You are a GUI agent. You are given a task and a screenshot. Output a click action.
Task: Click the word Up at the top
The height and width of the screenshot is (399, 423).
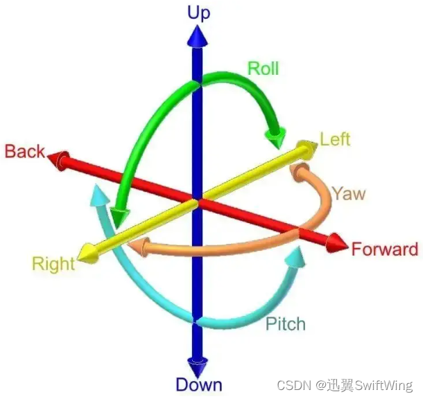tap(199, 12)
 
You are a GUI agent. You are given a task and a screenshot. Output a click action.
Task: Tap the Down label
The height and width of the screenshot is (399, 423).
tap(199, 385)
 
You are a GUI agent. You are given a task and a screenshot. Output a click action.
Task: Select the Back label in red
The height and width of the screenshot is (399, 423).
tap(25, 151)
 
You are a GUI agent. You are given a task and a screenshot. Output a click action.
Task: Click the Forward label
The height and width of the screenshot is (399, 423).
tap(385, 249)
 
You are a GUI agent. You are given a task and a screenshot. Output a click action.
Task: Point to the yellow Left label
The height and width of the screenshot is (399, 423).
tap(335, 139)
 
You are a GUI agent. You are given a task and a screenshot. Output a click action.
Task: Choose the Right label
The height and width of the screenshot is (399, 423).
tap(53, 264)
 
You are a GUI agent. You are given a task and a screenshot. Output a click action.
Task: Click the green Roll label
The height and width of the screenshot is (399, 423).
tap(264, 68)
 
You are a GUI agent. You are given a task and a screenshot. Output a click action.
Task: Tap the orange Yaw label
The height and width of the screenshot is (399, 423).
tap(348, 193)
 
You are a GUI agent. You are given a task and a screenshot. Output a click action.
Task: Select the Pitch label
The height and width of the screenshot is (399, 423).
tap(284, 323)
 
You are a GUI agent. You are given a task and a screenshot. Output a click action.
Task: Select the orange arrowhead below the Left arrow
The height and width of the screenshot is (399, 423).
tap(300, 170)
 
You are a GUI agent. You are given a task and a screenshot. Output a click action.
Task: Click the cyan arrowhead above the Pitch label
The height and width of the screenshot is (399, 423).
tap(296, 256)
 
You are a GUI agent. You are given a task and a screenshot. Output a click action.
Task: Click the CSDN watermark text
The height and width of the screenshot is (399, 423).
tap(345, 384)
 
